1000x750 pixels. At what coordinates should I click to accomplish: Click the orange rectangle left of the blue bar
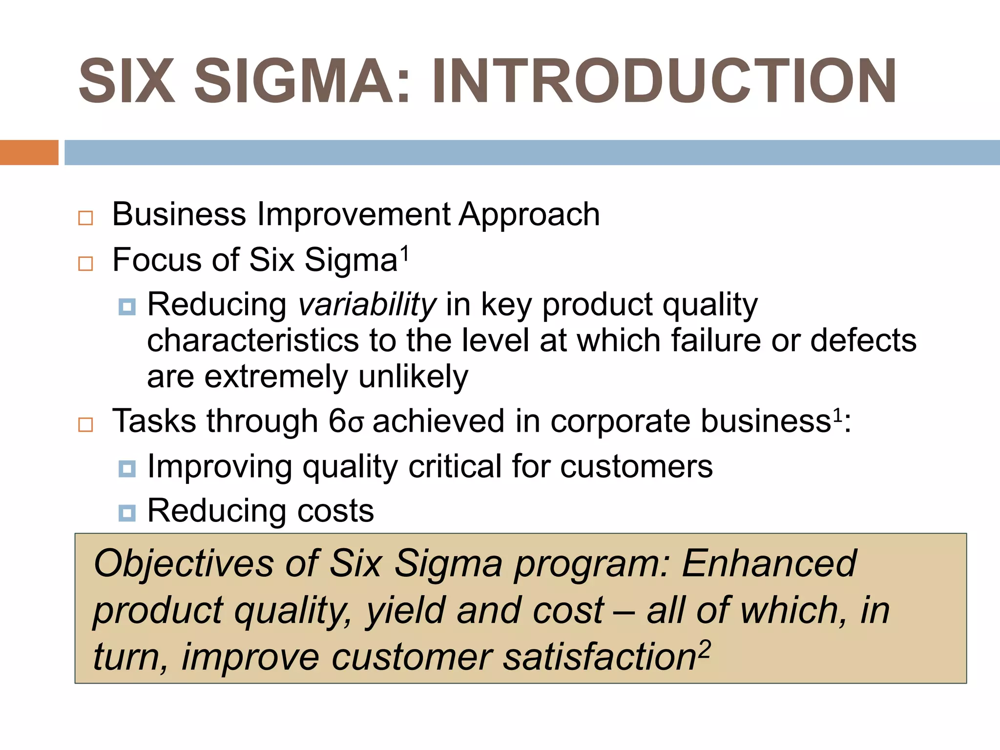click(x=29, y=152)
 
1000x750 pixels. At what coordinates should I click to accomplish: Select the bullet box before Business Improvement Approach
click(x=85, y=218)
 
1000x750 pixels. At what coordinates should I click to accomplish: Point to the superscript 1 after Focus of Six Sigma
click(x=404, y=253)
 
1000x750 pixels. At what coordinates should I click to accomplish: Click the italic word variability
click(x=367, y=305)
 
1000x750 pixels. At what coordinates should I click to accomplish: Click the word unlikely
click(x=413, y=377)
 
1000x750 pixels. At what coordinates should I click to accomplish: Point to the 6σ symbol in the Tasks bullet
click(x=346, y=421)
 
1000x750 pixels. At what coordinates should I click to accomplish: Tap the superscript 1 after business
click(x=837, y=416)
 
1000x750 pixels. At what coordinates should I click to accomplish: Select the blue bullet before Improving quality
click(x=127, y=469)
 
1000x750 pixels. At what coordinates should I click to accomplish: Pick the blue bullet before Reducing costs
click(x=127, y=513)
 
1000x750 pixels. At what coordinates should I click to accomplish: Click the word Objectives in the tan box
click(x=183, y=564)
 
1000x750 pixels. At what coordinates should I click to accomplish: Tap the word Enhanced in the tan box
click(x=769, y=564)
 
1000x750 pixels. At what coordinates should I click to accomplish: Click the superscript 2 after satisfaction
click(x=704, y=650)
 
